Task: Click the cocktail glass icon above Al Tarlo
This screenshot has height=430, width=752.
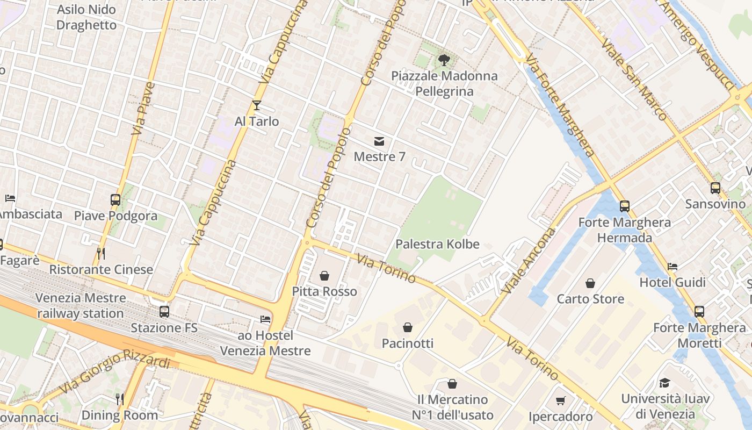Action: point(257,105)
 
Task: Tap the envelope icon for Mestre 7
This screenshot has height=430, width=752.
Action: point(379,141)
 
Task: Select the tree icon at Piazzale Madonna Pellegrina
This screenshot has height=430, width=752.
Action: point(444,60)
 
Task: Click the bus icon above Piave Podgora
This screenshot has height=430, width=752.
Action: point(115,200)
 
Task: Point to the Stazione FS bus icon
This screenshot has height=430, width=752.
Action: point(164,312)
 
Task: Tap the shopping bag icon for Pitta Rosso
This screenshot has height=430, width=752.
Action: point(324,276)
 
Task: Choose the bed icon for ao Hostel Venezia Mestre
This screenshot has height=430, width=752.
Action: point(265,319)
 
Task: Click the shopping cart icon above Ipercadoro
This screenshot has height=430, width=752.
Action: point(561,400)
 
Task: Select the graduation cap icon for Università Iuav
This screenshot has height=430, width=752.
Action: point(665,383)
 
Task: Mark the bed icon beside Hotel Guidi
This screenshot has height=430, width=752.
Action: point(673,266)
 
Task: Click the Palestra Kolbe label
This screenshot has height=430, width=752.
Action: point(437,244)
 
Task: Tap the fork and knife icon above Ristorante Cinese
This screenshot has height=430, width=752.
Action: point(100,253)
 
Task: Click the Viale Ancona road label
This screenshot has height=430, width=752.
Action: point(529,261)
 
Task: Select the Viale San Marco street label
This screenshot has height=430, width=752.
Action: point(633,79)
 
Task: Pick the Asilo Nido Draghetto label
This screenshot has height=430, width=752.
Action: point(86,17)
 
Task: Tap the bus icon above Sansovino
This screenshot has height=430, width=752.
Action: point(715,188)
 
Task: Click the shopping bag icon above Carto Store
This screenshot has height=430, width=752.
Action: point(590,283)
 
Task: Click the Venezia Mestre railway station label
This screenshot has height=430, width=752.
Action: point(80,305)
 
